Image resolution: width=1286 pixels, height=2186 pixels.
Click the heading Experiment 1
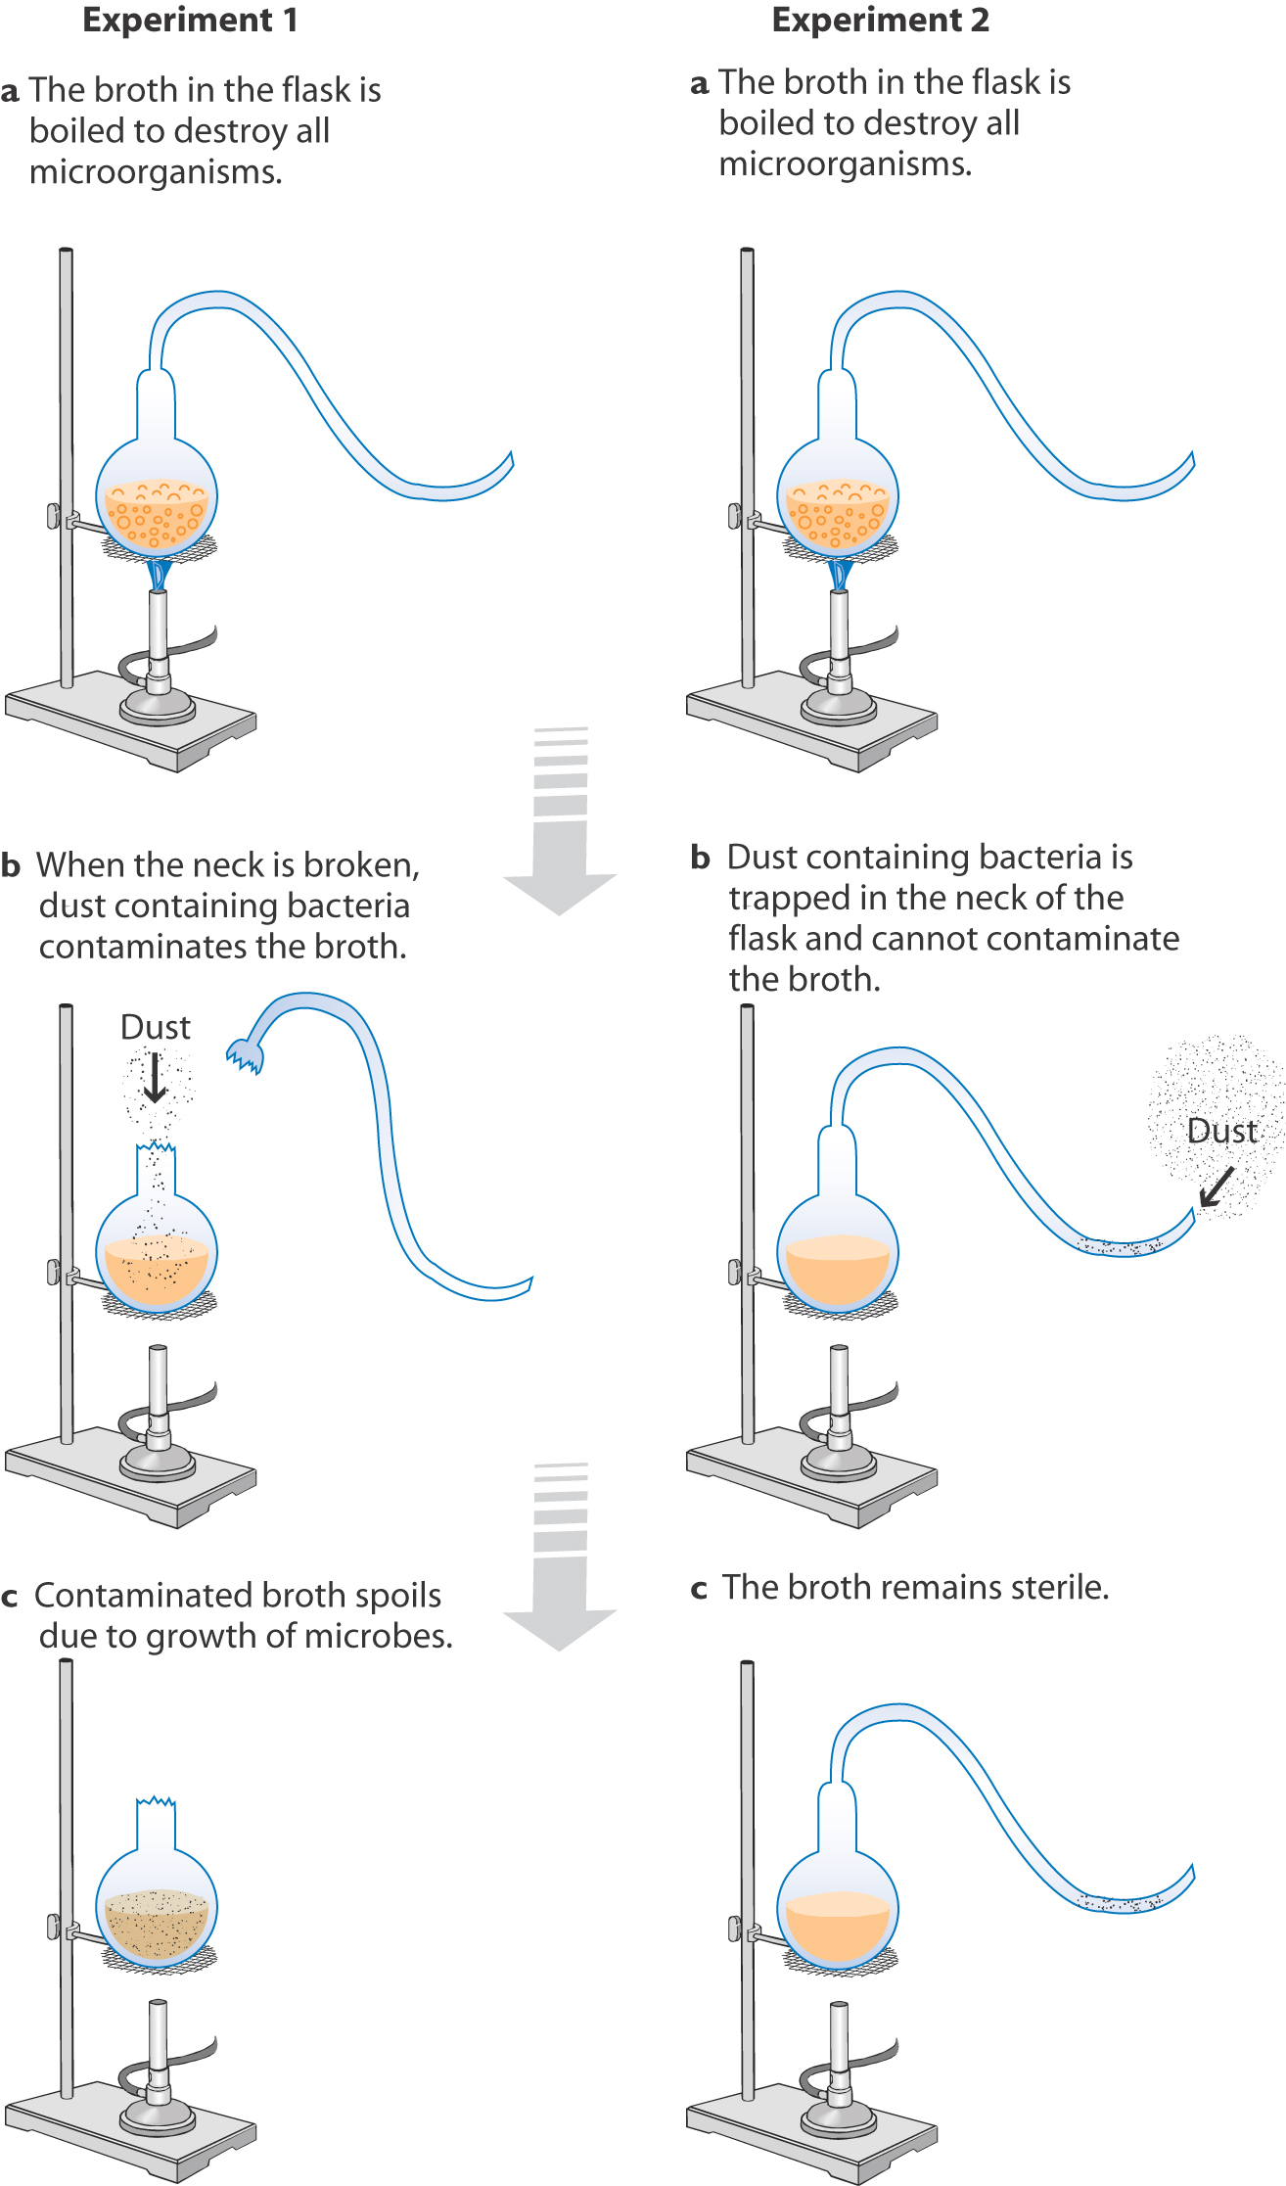tap(190, 21)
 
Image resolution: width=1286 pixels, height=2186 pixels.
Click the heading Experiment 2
tap(880, 21)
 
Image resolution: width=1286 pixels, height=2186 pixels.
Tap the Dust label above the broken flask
tap(155, 1027)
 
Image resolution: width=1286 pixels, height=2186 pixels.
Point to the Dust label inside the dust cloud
tap(1220, 1131)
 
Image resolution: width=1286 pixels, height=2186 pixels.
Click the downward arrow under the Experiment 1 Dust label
tap(155, 1077)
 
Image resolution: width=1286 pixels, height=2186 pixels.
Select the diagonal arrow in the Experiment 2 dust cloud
tap(1216, 1187)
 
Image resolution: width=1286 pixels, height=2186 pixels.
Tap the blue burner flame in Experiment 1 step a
tap(158, 574)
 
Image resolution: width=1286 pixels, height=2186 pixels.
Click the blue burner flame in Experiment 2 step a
tap(839, 574)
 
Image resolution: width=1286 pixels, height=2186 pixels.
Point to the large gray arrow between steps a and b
tap(560, 832)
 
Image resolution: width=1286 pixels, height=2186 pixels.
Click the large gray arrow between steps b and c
tap(560, 1566)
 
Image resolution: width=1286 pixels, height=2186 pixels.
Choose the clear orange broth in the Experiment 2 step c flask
tap(838, 1929)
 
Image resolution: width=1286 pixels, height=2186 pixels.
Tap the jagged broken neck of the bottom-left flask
tap(156, 1802)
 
